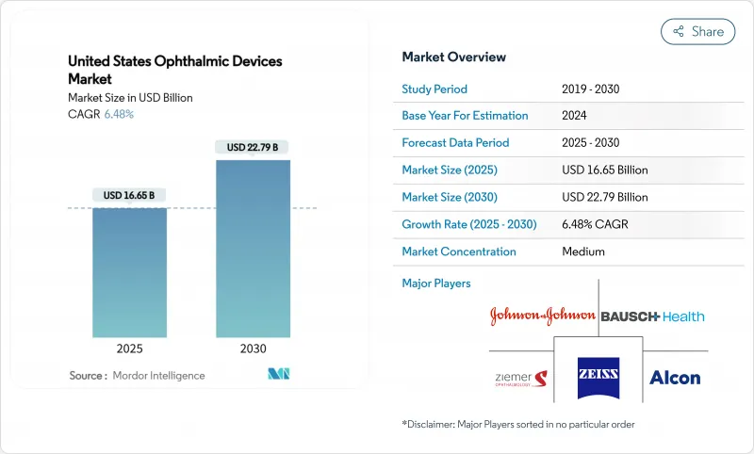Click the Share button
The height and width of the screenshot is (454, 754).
click(x=697, y=31)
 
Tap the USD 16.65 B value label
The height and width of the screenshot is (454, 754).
click(x=129, y=195)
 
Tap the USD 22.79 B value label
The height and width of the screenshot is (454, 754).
click(x=253, y=147)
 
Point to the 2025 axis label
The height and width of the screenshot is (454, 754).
click(x=129, y=348)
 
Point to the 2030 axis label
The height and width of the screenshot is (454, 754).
click(x=253, y=348)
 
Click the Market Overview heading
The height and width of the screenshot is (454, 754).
click(x=453, y=57)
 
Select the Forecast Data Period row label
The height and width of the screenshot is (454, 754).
click(x=455, y=143)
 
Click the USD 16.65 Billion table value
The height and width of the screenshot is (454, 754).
click(x=604, y=170)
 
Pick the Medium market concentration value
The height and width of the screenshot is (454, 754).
click(x=582, y=251)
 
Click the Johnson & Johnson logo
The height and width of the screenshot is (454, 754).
click(x=542, y=316)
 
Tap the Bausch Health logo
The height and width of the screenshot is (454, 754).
click(x=652, y=316)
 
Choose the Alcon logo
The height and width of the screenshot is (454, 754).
click(x=675, y=378)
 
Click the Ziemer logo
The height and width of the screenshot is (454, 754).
click(x=519, y=379)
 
